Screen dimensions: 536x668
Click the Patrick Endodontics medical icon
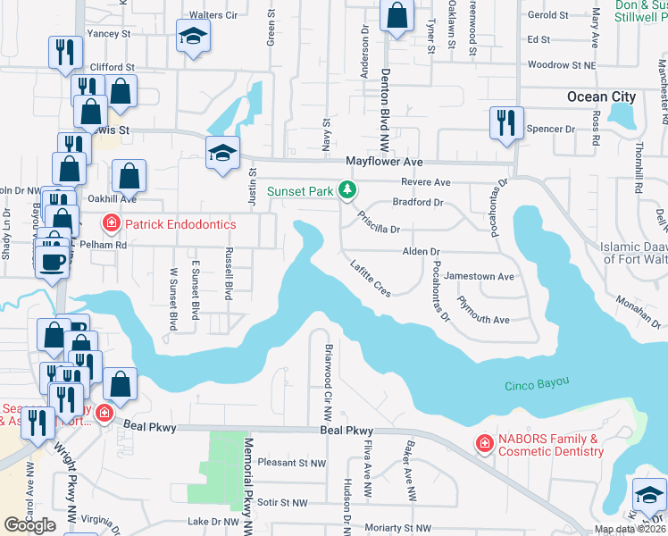[111, 224]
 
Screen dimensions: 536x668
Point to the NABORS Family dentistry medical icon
[484, 444]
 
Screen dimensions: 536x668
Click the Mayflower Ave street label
[384, 162]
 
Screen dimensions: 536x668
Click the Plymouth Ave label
[482, 320]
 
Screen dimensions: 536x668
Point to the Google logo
[29, 524]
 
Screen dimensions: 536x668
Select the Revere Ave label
[425, 182]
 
